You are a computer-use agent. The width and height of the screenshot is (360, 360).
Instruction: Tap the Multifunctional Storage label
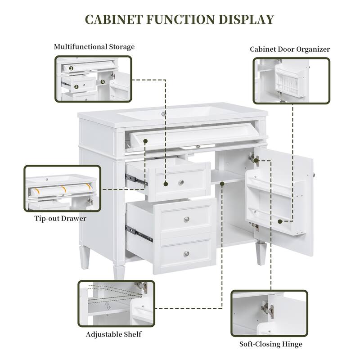point(94,47)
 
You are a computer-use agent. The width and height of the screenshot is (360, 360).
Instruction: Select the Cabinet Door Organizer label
point(290,49)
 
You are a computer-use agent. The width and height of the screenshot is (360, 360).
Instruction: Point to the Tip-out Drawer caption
point(60,219)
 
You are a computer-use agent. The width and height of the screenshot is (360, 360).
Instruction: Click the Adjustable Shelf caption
point(114,334)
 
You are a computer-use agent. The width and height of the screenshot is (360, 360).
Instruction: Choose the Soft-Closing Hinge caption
point(270,344)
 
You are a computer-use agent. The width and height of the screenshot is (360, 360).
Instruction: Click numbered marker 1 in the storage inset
point(71,68)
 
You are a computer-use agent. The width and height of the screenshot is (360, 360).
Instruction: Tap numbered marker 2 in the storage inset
point(76,87)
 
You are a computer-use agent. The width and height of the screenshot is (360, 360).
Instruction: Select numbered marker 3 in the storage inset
point(103,82)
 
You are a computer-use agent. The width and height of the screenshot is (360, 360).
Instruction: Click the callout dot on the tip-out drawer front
point(146,141)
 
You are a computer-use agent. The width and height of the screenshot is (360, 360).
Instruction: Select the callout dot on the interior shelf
point(222,183)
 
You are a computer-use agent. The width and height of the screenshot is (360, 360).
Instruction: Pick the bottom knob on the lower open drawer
point(186,254)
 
